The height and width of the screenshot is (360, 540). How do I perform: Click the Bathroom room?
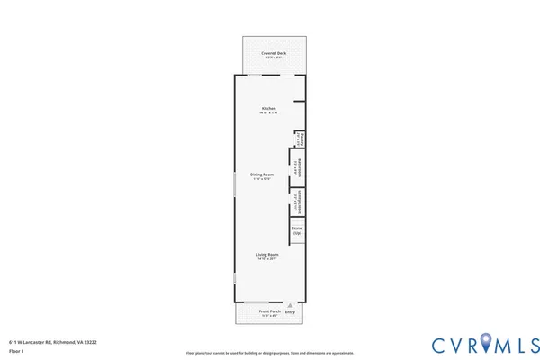299,167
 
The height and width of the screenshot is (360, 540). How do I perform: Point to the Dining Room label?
262,174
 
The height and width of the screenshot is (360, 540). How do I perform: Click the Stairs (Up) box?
298,231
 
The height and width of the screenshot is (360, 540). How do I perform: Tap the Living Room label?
268,254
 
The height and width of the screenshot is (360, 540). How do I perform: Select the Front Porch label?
269,311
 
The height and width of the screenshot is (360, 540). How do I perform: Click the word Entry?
290,312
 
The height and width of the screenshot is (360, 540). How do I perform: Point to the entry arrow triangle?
290,306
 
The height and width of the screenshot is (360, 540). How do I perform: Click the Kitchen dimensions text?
268,113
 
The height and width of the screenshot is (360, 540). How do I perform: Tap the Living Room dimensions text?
268,259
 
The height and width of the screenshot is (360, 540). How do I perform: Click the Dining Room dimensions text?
262,179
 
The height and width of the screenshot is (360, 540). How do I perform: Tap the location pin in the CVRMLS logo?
487,342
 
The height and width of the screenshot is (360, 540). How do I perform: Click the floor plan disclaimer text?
269,353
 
